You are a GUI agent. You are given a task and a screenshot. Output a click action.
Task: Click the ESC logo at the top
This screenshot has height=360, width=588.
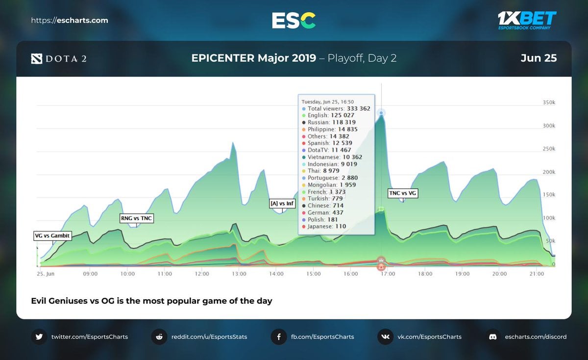[x=294, y=20]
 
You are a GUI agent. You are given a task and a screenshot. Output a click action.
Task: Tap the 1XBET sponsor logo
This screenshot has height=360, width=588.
[x=527, y=20]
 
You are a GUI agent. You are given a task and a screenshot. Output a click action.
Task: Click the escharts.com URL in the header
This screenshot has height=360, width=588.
[x=70, y=21]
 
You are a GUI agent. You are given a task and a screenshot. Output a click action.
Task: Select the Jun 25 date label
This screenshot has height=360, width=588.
[x=539, y=58]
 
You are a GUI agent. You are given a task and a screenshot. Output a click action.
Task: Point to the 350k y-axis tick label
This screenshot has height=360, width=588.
[x=548, y=102]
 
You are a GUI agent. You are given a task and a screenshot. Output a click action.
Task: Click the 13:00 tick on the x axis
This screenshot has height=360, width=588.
[x=239, y=274]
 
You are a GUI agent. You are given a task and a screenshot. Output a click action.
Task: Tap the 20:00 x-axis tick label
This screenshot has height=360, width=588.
[x=500, y=274]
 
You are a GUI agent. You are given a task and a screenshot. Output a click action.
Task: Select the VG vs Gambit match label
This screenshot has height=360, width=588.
[x=52, y=236]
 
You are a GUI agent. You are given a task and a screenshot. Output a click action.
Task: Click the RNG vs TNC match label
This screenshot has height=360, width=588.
[x=137, y=218]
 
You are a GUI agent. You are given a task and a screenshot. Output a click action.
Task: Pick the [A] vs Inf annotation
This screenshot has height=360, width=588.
[x=282, y=203]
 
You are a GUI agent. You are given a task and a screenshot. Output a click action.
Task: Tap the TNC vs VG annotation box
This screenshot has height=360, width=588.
[x=403, y=193]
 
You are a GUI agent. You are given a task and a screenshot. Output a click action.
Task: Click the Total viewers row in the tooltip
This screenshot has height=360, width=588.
[x=336, y=109]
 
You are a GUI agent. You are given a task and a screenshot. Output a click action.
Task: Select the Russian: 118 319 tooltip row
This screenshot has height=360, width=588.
[x=331, y=122]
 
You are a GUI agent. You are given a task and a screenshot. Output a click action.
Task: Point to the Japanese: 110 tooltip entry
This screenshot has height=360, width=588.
[x=326, y=226]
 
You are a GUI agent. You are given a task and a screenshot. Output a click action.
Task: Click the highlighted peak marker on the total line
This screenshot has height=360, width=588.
[x=381, y=113]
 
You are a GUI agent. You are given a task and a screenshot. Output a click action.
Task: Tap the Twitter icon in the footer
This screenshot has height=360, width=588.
[x=39, y=337]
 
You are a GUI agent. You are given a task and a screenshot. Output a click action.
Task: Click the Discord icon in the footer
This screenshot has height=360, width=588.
[x=492, y=337]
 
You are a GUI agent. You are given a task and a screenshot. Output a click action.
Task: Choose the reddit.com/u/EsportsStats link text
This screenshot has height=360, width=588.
[x=209, y=337]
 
